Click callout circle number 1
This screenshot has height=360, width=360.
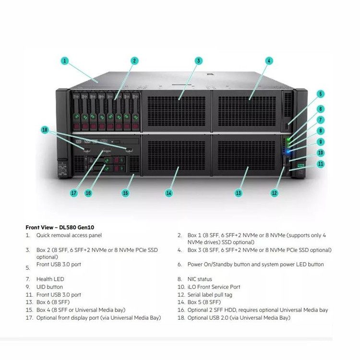point(65,61)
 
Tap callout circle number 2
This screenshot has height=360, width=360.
point(134,61)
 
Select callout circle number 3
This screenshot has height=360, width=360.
point(199,61)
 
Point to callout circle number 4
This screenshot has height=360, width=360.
point(269,61)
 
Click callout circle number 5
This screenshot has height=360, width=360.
point(321,94)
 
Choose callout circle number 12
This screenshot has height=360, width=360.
point(274,193)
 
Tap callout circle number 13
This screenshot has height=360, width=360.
point(239,193)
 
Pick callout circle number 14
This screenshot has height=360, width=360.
point(168,193)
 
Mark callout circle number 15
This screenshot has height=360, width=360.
point(125,193)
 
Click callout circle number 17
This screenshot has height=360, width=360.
point(73,193)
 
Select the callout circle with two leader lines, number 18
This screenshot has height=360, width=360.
point(45,130)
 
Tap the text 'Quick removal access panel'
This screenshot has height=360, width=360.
point(69,235)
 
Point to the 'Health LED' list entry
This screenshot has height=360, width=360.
point(50,279)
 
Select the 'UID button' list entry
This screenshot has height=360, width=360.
point(49,287)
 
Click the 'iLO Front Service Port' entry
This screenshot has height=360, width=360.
point(214,287)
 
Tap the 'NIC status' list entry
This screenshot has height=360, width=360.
point(200,279)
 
